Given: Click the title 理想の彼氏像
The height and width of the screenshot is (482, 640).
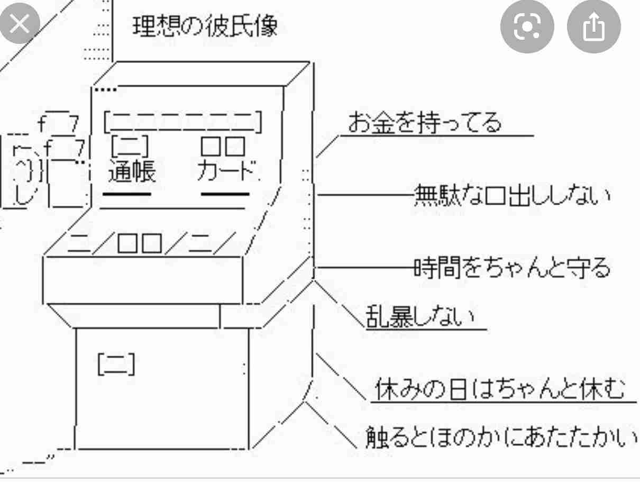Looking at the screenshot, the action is pyautogui.click(x=205, y=26).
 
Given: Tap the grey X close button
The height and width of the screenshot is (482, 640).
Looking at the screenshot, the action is pyautogui.click(x=19, y=23).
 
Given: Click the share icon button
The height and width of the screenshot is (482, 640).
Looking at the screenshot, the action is pyautogui.click(x=594, y=26).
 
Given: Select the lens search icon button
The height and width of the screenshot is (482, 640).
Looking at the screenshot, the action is pyautogui.click(x=527, y=26).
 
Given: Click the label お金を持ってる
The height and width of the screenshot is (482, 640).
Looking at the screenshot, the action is pyautogui.click(x=425, y=122).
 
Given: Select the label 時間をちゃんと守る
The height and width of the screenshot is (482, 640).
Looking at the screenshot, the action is pyautogui.click(x=512, y=267).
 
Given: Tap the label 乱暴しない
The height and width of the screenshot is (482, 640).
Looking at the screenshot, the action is pyautogui.click(x=420, y=316).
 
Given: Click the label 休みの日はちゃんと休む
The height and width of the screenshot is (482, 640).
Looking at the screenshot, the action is pyautogui.click(x=500, y=389).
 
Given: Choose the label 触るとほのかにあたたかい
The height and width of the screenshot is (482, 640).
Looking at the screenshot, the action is pyautogui.click(x=501, y=437).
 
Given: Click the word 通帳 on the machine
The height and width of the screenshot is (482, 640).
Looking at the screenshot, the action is pyautogui.click(x=132, y=171).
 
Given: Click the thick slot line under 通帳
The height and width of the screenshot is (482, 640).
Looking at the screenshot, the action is pyautogui.click(x=127, y=194).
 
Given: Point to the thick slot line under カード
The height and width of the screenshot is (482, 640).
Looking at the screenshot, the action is pyautogui.click(x=225, y=194).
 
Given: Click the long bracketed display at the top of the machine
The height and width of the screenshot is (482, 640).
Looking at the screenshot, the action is pyautogui.click(x=183, y=122).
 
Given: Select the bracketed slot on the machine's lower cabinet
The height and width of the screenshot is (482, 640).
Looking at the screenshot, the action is pyautogui.click(x=116, y=364).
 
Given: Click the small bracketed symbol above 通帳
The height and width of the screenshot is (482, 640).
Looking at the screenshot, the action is pyautogui.click(x=130, y=146).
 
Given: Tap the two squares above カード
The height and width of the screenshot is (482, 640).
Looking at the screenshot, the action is pyautogui.click(x=223, y=146).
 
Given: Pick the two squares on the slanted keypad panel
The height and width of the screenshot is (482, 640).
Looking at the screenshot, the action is pyautogui.click(x=140, y=243).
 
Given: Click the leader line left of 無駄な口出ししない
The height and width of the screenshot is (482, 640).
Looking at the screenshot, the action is pyautogui.click(x=366, y=195).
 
